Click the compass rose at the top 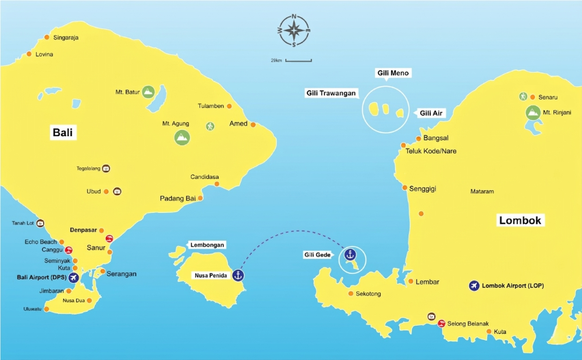(x=294, y=30)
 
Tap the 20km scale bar (x=299, y=60)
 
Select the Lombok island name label (x=520, y=220)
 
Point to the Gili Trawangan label (x=331, y=93)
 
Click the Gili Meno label (x=393, y=73)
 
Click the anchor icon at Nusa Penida (x=237, y=275)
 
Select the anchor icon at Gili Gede (x=350, y=254)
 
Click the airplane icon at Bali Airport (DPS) (x=74, y=278)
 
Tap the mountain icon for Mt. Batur (x=148, y=92)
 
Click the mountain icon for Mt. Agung (x=182, y=137)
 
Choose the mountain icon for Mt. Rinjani (x=532, y=112)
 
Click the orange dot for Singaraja (x=47, y=38)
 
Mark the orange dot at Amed (x=253, y=124)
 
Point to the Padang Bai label (x=178, y=198)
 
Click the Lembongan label (x=207, y=245)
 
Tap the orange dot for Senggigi (x=405, y=187)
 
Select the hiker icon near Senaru (x=523, y=97)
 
